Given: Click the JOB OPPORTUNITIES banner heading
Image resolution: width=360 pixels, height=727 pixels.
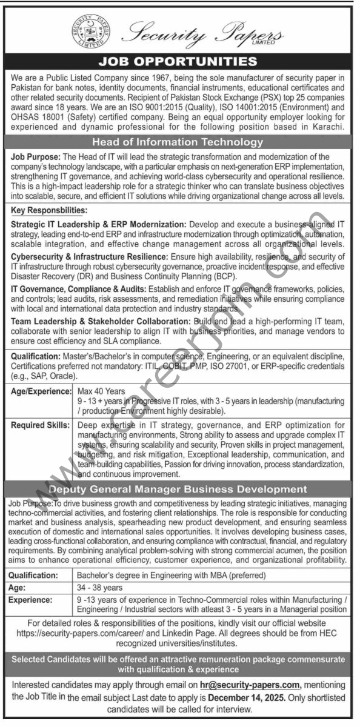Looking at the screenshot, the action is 180,61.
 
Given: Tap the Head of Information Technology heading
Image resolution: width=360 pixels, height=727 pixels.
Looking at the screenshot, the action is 180,142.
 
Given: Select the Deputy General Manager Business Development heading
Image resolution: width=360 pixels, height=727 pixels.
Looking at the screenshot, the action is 180,489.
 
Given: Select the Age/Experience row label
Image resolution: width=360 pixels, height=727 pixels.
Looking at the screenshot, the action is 41,375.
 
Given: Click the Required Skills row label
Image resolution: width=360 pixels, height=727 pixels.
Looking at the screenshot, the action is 41,408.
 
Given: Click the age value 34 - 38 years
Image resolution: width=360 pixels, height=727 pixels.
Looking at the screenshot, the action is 99,587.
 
